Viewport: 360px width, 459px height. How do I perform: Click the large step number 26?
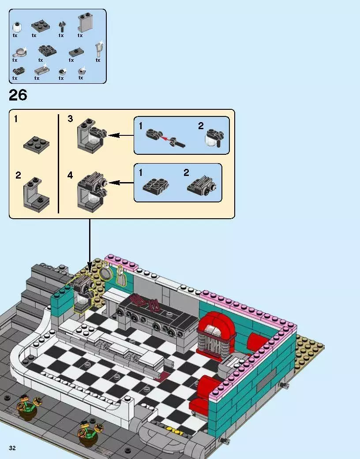(x=18, y=95)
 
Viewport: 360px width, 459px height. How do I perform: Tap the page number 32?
(x=12, y=448)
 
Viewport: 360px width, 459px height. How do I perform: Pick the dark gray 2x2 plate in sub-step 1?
(x=36, y=144)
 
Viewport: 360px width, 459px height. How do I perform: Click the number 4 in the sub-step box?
(x=70, y=175)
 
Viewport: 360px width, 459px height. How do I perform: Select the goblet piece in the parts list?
(x=98, y=50)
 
